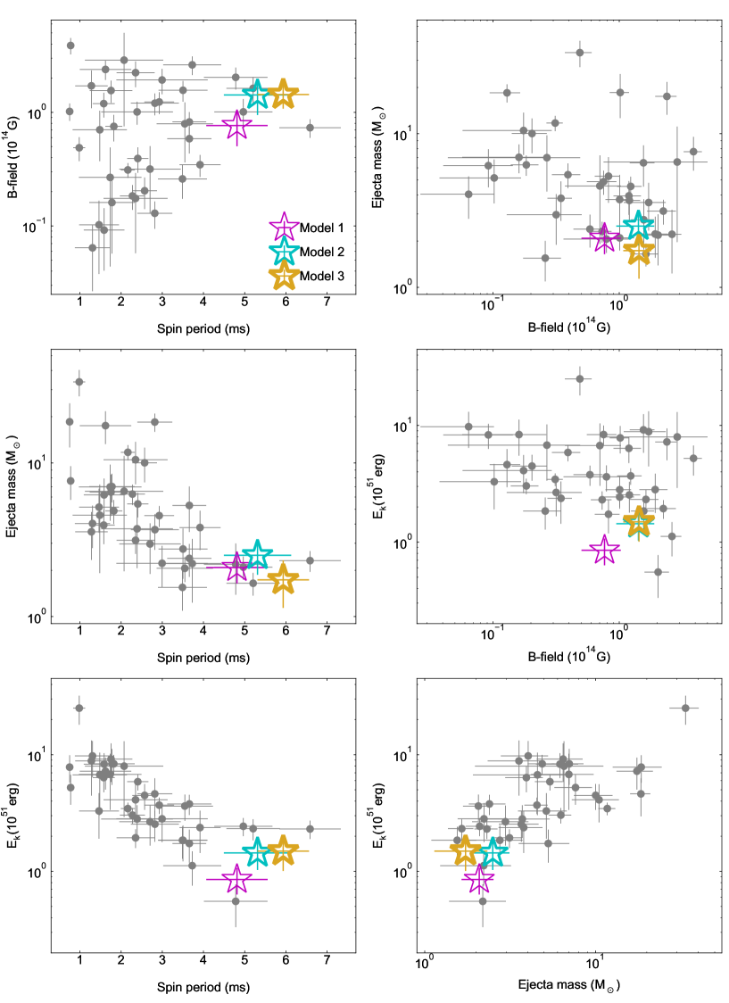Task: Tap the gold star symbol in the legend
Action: tap(283, 277)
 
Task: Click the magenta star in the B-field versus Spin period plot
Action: tap(236, 126)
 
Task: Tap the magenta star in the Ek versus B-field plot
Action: tap(604, 551)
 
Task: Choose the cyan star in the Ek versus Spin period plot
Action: tap(257, 852)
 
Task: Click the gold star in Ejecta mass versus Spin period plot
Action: tap(284, 580)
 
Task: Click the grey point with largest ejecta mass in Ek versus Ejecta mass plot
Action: tap(685, 709)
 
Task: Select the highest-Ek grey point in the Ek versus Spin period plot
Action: tap(79, 709)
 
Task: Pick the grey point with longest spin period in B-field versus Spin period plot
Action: tap(310, 128)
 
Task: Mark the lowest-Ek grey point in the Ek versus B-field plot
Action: tap(659, 572)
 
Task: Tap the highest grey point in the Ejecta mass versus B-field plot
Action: tap(580, 53)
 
